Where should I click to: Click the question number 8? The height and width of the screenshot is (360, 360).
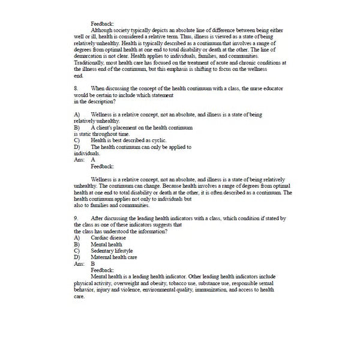[x=76, y=88]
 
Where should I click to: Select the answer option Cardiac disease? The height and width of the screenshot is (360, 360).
[x=108, y=238]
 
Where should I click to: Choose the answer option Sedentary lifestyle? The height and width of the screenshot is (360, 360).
[x=112, y=251]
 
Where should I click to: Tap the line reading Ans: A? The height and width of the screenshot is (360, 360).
[x=84, y=160]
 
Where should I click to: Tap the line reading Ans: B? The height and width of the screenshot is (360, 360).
[x=84, y=263]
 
